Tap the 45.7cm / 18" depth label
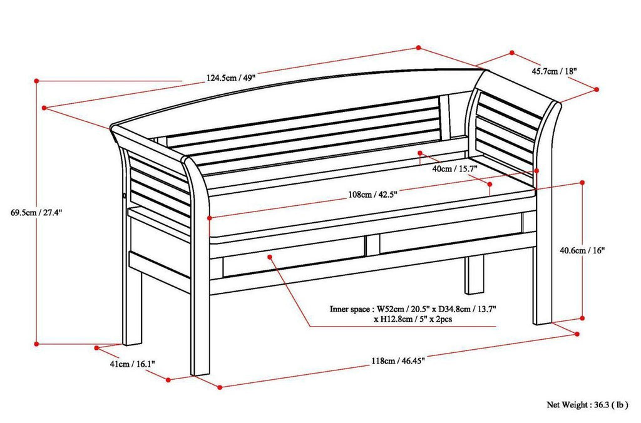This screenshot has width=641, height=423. (554, 71)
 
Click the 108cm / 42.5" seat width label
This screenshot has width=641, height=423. (372, 194)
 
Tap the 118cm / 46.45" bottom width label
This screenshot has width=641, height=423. (396, 360)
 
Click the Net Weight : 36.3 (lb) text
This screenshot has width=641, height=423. (587, 405)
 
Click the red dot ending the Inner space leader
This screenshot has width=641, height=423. (271, 257)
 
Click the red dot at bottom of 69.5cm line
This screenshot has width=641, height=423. (37, 343)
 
